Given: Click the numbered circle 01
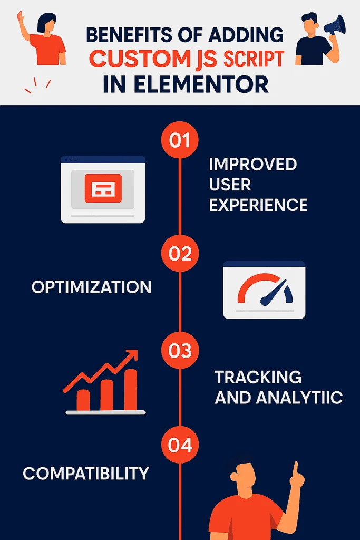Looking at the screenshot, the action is [180, 140].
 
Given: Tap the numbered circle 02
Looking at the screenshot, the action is [180, 253].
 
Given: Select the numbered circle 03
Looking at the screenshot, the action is [180, 350].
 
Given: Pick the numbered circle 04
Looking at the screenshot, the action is [180, 445].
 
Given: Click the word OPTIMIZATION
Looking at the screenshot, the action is [92, 287].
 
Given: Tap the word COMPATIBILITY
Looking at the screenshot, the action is [86, 474].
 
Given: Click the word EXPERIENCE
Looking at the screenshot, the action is [258, 205].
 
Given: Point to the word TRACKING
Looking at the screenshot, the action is [258, 377].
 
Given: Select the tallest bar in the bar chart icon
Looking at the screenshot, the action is [130, 390].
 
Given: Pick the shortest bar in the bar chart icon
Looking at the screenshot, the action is [83, 400].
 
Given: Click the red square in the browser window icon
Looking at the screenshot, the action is [103, 188].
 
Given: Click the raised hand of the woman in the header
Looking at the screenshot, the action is [20, 17].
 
